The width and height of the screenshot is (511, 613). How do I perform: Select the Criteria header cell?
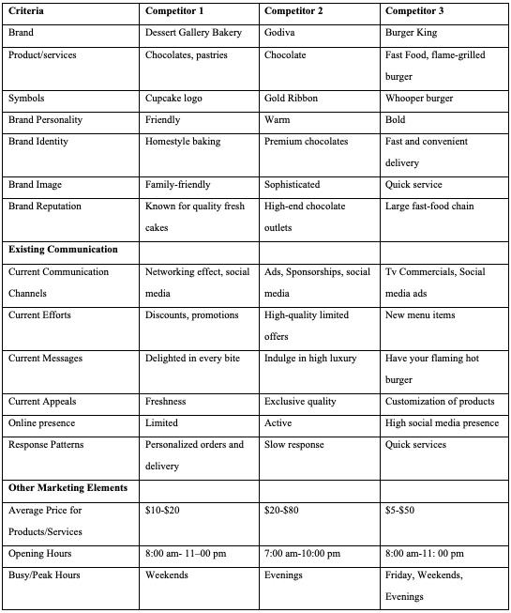pos(26,10)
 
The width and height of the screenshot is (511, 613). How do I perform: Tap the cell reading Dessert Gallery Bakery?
pos(193,33)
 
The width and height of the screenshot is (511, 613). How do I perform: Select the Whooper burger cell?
pos(419,99)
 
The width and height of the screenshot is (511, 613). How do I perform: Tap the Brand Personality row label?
pos(44,120)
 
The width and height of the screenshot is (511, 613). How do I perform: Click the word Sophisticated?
pos(293,185)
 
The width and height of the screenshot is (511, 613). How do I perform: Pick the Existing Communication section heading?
pos(63,250)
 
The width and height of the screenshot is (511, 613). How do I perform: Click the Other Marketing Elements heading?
pos(68,488)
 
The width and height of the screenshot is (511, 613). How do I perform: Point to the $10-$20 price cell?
pos(163,510)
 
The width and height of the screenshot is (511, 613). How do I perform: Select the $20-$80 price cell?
pos(282,510)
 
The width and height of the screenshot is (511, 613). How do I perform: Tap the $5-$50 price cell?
pos(400,510)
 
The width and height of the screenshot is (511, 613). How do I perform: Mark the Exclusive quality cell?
pos(300,402)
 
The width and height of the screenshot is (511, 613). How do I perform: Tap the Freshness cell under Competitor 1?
pos(166,402)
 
